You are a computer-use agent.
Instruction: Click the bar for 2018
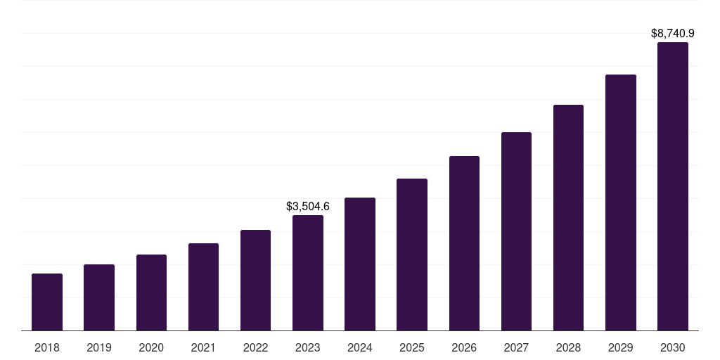(x=47, y=302)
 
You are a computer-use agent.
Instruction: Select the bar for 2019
(x=99, y=297)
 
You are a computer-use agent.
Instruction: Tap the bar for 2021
(x=203, y=287)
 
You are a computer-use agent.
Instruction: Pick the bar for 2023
(x=308, y=273)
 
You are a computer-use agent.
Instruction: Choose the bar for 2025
(x=412, y=255)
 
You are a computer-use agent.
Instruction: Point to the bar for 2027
(x=516, y=231)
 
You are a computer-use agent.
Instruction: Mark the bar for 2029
(x=621, y=202)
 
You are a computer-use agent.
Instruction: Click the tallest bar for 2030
(x=673, y=186)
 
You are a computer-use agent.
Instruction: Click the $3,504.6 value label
(x=308, y=207)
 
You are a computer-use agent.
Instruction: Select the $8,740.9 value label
(x=673, y=33)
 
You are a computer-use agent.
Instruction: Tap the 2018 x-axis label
(x=47, y=347)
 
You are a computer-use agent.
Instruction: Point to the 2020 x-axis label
(x=151, y=347)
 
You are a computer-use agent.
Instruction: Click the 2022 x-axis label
(x=256, y=347)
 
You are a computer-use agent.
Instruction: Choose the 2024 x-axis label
(x=360, y=347)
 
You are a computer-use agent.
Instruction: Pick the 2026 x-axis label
(x=464, y=347)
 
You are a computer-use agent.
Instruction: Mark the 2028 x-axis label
(x=568, y=347)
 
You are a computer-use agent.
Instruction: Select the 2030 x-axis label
(x=673, y=347)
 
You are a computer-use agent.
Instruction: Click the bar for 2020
(x=151, y=292)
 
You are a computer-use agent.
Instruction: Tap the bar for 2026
(x=464, y=243)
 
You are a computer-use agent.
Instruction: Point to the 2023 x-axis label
(x=308, y=347)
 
